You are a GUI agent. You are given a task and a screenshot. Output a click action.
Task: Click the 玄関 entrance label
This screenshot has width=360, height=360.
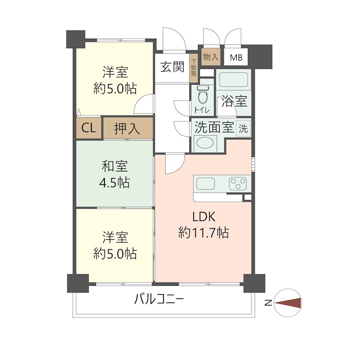[172, 67]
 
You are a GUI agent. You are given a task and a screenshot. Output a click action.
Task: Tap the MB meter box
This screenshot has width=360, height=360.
[236, 57]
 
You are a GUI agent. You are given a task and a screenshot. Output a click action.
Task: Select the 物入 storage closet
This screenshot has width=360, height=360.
[211, 57]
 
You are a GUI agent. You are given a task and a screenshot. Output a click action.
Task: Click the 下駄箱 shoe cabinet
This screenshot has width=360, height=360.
[194, 68]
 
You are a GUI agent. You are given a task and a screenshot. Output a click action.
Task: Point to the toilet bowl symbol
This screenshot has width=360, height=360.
[202, 94]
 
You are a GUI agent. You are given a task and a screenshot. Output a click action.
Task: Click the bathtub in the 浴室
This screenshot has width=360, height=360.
[233, 80]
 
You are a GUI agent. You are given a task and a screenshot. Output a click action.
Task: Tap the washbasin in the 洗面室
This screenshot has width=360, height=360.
[205, 142]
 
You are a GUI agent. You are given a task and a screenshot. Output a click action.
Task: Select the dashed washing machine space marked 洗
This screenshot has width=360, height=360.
[243, 128]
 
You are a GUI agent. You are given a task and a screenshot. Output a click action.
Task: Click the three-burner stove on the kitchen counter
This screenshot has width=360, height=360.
[238, 184]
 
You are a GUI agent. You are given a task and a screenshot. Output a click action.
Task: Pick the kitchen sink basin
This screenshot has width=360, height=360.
[206, 184]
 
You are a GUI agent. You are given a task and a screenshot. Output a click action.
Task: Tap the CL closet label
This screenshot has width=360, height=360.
[89, 128]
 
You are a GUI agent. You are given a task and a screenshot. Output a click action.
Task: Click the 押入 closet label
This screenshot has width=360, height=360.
[127, 128]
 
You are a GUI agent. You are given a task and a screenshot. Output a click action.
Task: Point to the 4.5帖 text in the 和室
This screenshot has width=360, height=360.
[114, 183]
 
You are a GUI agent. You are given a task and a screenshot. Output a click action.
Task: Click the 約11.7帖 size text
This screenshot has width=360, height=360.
[203, 233]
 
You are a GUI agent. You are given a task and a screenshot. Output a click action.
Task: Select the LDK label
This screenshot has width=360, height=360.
[204, 216]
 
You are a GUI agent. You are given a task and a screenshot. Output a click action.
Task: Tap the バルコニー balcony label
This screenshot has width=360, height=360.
[159, 299]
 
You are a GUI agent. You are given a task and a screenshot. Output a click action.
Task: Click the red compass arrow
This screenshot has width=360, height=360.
[288, 303]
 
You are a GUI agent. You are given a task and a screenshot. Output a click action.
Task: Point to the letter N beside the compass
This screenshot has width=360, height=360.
[268, 303]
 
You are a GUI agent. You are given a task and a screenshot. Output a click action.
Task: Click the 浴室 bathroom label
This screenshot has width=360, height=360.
[234, 101]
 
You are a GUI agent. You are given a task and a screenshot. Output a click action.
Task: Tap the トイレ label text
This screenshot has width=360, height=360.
[202, 110]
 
